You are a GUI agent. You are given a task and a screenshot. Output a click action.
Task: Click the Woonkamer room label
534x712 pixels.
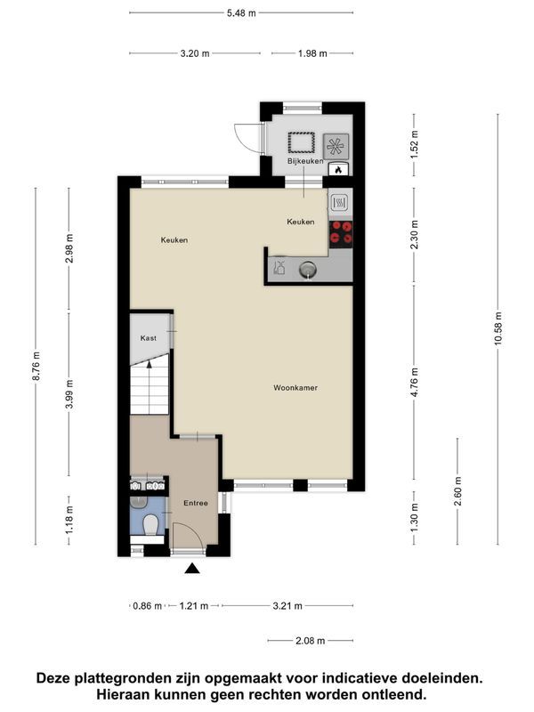pos(295,388)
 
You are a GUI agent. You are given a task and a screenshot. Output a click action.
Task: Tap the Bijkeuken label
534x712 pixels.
pos(305,161)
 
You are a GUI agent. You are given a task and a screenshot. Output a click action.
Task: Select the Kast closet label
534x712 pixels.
pos(148,338)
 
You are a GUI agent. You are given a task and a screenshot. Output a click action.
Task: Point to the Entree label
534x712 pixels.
pos(196,503)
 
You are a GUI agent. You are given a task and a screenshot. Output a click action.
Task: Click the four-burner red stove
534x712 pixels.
pos(341,232)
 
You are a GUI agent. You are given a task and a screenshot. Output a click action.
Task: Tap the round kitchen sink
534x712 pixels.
pos(307,271)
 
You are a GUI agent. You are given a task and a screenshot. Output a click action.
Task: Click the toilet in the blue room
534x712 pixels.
pos(150,525)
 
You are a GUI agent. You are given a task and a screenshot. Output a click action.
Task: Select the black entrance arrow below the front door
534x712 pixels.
pos(192,568)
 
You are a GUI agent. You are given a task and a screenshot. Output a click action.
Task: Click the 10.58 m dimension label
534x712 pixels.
pos(498,328)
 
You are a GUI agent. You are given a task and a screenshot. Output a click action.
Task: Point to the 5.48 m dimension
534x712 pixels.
pos(241,13)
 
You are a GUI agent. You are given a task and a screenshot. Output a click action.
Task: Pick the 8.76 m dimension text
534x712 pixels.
pos(36,366)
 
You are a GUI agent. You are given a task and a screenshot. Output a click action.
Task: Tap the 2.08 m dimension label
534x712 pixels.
pos(311,641)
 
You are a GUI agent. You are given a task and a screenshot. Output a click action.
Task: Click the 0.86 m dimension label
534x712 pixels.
pos(148,606)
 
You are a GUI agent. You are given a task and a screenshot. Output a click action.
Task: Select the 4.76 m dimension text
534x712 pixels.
pos(414,383)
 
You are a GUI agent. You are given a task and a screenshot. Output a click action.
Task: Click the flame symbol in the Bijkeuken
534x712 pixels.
pos(338,169)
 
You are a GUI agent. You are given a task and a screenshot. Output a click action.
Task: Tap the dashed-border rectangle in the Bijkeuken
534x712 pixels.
pos(301,142)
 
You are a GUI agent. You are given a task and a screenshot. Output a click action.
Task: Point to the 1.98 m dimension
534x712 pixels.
pos(312,53)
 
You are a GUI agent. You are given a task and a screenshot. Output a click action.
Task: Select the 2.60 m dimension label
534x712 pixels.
pos(457,491)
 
